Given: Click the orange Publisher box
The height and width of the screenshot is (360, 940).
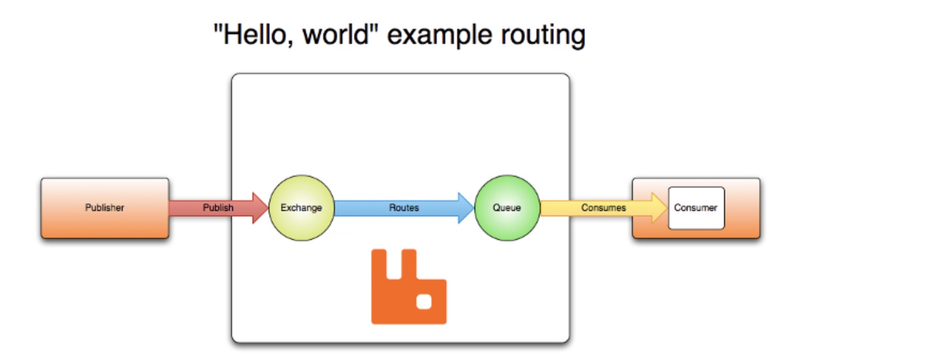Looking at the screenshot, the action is click(105, 208).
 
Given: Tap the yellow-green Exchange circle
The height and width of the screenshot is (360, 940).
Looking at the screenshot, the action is click(301, 208).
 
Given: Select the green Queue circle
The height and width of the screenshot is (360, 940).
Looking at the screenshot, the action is click(507, 208).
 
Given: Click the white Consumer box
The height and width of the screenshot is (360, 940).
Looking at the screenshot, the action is click(696, 208).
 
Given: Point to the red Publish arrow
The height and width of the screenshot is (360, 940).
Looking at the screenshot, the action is click(219, 208).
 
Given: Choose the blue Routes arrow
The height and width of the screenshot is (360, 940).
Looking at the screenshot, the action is click(404, 208).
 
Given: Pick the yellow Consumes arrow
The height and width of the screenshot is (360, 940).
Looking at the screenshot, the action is click(604, 208).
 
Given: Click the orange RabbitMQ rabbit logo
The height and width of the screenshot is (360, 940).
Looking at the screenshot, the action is click(409, 287).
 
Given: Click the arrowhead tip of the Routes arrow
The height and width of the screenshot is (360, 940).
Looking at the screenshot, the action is click(474, 208).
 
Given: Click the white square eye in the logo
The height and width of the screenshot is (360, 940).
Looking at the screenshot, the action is click(424, 302).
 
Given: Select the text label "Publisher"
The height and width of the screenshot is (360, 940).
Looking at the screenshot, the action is click(105, 208).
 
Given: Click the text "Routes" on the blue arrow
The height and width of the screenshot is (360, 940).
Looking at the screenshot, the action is click(404, 208).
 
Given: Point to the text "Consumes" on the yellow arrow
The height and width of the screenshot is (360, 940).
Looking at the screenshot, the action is click(603, 208).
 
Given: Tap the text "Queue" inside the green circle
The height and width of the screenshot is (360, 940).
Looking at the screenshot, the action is click(507, 208).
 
